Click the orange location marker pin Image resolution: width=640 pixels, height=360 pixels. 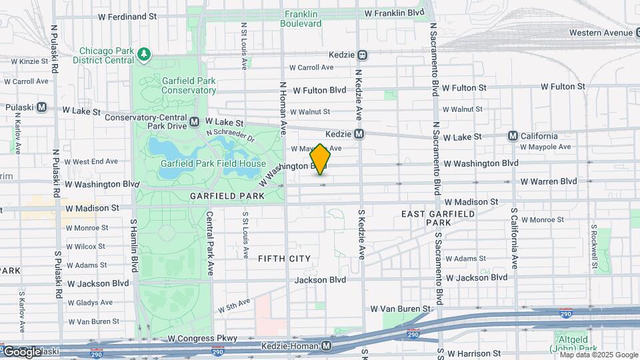(321, 159)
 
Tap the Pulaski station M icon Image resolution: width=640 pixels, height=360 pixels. (41, 107)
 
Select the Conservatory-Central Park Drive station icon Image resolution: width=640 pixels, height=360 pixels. (194, 122)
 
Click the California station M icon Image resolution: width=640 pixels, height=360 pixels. (513, 135)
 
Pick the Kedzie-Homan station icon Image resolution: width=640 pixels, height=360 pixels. (326, 345)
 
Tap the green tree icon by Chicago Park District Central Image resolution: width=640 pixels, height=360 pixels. (143, 53)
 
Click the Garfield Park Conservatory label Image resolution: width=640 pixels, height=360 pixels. (189, 85)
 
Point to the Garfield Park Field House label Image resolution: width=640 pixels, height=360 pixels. (213, 163)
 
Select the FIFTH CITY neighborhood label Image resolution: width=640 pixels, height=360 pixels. (284, 258)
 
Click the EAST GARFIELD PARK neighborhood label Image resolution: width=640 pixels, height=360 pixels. (438, 217)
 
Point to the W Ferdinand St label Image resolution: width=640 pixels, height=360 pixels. (127, 15)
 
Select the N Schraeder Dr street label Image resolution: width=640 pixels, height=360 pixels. (231, 135)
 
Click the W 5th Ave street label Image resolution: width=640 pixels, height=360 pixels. (233, 306)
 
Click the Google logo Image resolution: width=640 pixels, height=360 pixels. (22, 351)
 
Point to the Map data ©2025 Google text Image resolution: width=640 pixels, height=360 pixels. (598, 355)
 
